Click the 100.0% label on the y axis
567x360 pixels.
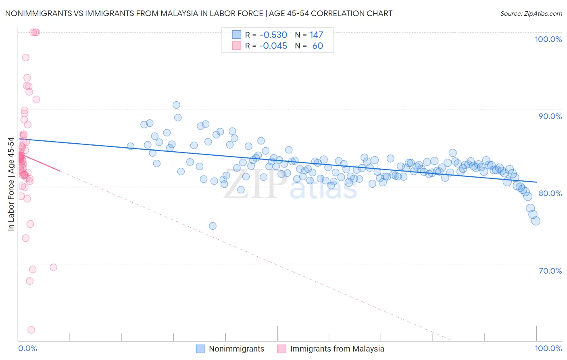548,39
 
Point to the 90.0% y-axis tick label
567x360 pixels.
550,116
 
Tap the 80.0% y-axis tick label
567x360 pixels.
550,193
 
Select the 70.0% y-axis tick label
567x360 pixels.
550,271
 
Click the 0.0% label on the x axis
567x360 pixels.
27,348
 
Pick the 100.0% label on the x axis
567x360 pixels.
548,348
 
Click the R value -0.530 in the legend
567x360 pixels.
273,35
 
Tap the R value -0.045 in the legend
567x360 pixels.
273,46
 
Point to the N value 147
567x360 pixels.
316,35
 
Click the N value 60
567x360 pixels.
317,46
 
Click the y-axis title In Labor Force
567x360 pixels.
11,184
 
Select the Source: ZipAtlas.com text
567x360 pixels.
531,14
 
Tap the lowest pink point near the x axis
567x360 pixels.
31,330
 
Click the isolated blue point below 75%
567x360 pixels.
213,226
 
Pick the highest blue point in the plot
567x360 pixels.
176,105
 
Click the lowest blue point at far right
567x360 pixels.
536,221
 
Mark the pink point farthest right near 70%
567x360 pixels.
53,267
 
